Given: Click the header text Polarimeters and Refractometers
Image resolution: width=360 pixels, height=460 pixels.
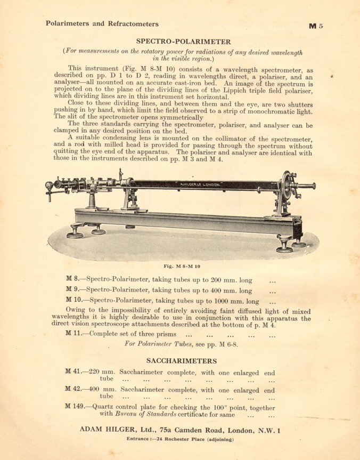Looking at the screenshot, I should pos(102,23).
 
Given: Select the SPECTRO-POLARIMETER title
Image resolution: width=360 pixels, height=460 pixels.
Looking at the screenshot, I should pos(183,41).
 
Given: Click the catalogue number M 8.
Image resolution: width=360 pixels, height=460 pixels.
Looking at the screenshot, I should pos(72,279).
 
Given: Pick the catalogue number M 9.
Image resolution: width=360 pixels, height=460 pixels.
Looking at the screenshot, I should pos(72,290).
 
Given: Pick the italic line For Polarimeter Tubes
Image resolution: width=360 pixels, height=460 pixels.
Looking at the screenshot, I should pos(181,344).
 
